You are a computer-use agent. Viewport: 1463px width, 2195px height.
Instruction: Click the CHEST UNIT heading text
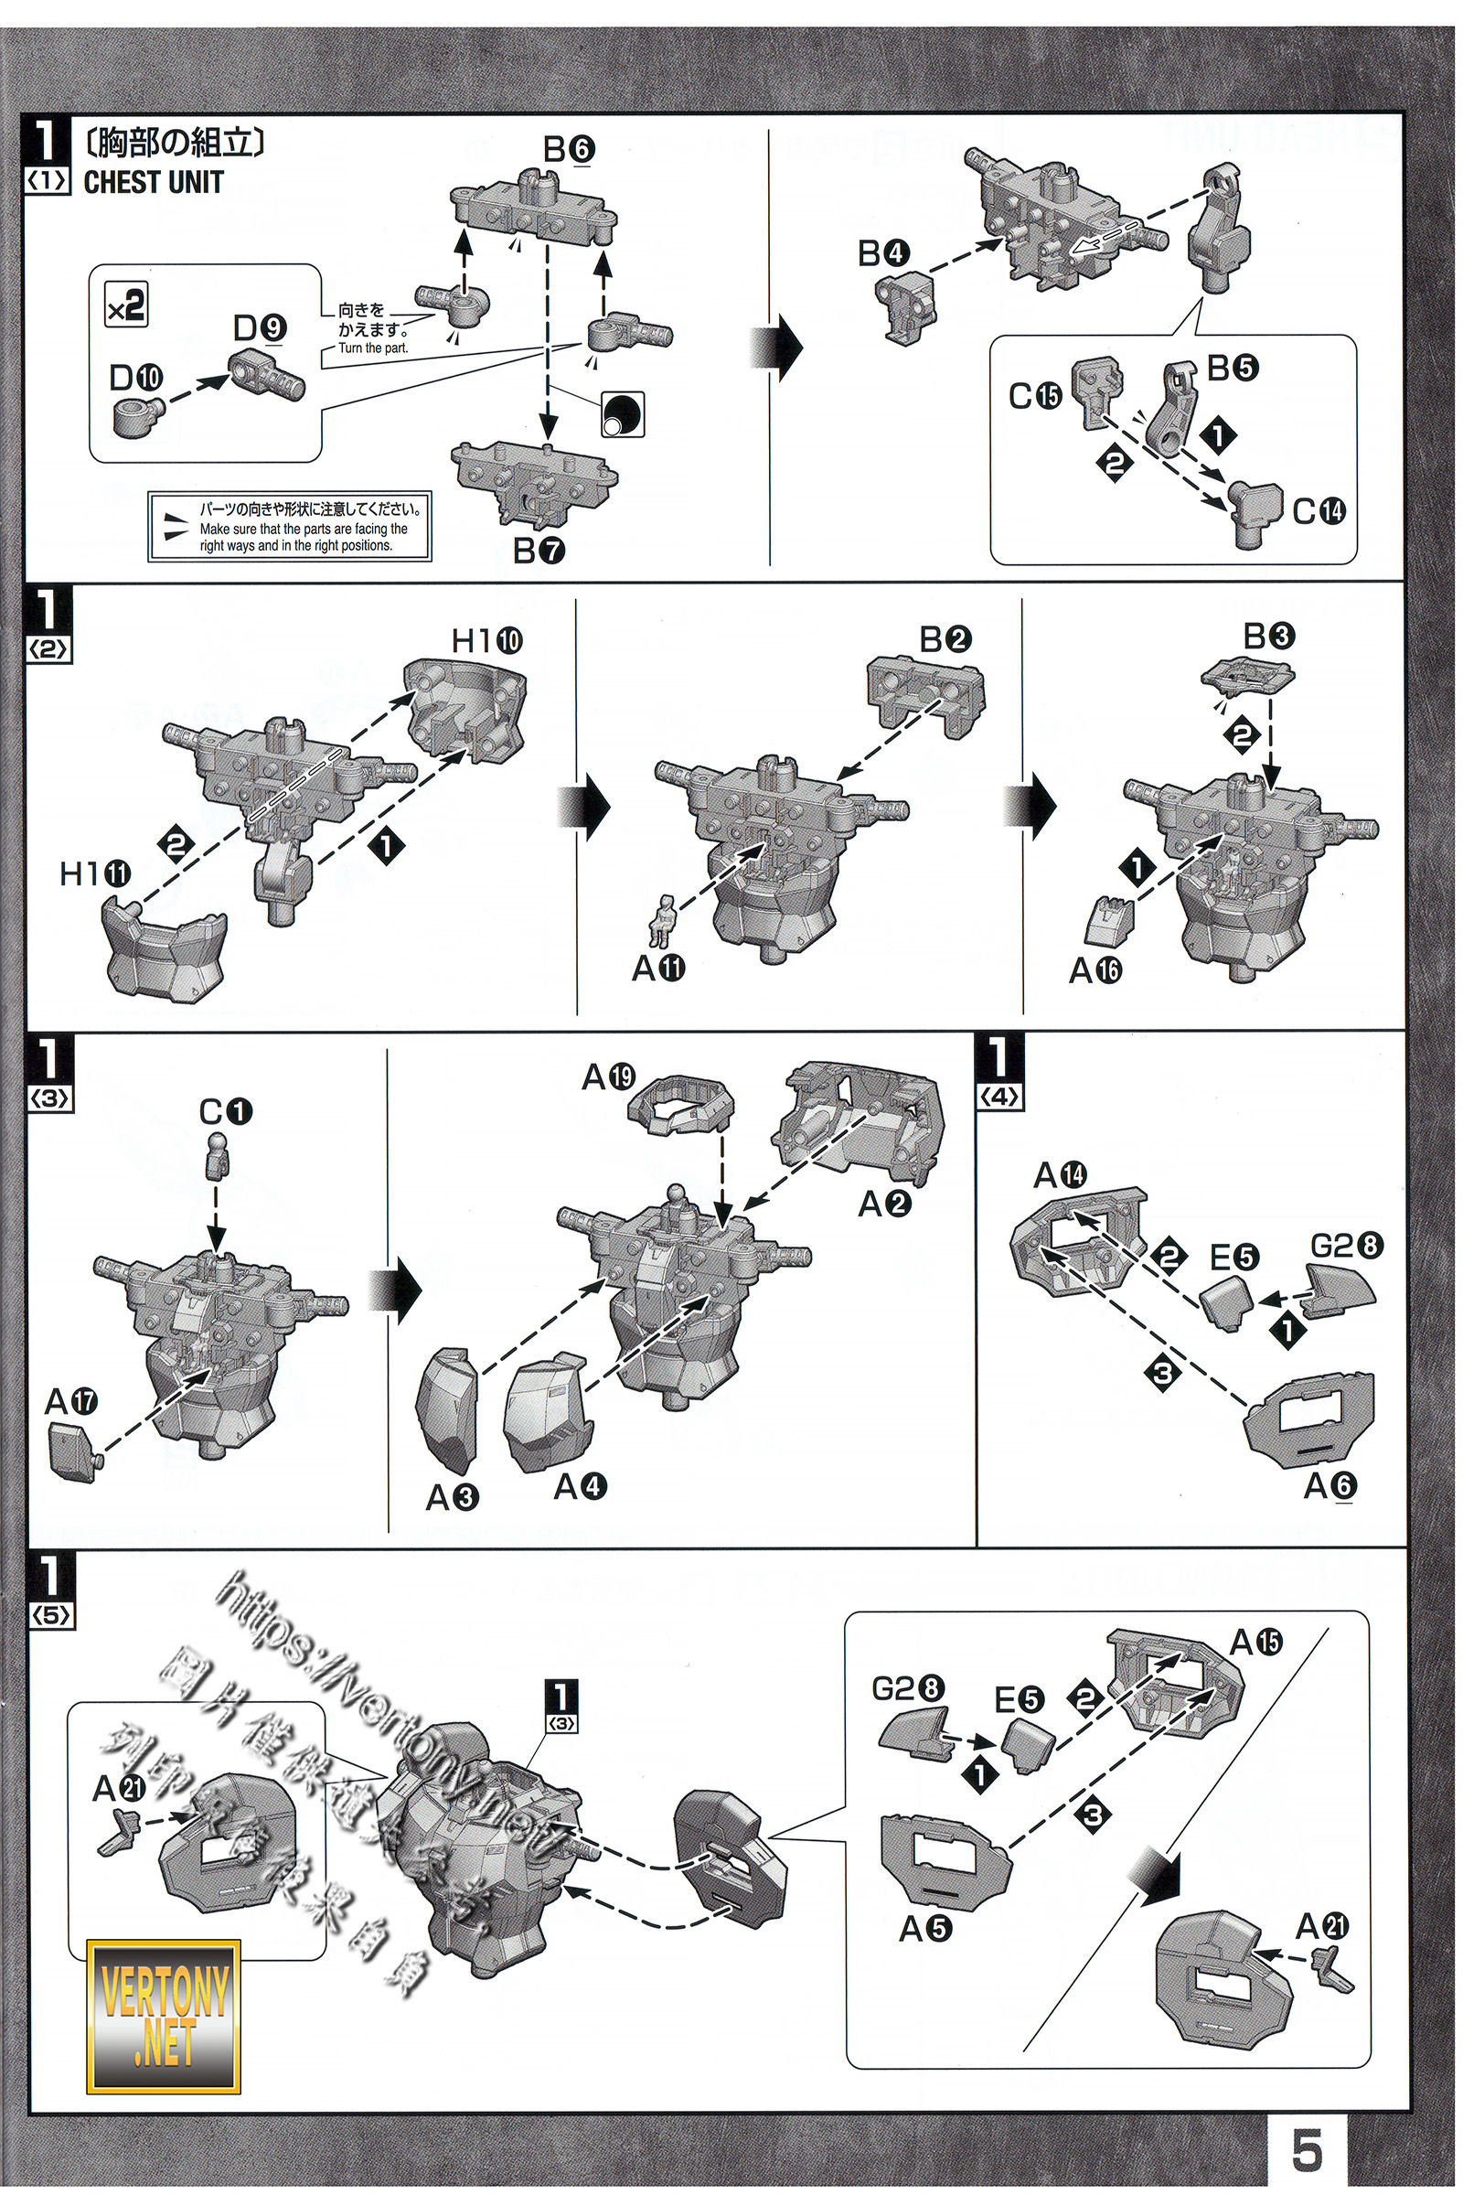pos(153,183)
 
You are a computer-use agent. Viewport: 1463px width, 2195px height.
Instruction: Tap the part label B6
pos(569,149)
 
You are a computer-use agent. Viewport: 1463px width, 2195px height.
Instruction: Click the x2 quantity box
pos(126,305)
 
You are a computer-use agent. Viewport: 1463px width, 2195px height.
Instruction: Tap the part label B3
pos(1269,636)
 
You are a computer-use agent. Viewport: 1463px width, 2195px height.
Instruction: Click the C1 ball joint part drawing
pos(218,1150)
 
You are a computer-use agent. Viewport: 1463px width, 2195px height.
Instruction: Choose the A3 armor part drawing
pos(453,1410)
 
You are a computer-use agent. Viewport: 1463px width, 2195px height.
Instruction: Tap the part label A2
pos(884,1204)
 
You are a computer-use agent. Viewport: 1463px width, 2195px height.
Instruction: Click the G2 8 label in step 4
pos(1346,1245)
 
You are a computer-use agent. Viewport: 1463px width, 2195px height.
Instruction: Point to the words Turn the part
pos(372,348)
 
